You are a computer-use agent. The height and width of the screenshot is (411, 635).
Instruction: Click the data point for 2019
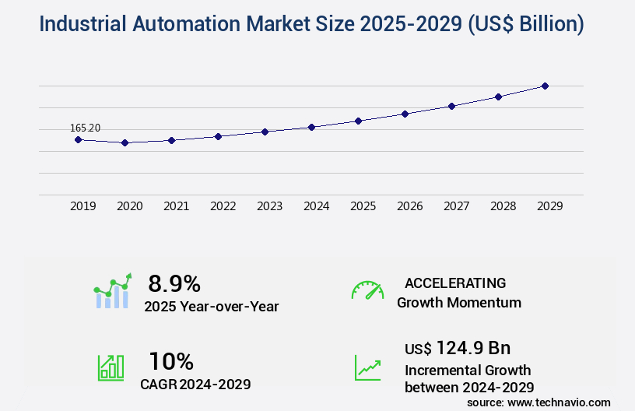78,139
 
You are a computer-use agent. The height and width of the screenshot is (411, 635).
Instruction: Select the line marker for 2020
125,143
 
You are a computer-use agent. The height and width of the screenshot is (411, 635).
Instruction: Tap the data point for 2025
358,121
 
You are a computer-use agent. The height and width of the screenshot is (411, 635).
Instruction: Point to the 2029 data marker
545,86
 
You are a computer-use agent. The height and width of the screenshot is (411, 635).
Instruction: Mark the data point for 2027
451,106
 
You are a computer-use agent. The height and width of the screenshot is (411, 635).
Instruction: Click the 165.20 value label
86,128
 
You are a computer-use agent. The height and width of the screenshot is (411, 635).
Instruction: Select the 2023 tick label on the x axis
270,206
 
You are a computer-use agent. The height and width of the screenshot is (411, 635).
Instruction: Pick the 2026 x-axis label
410,206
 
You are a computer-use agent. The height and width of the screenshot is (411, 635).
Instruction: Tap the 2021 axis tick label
177,206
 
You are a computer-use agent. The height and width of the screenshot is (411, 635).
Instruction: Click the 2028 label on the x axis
503,206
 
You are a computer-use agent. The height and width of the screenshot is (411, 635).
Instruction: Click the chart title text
311,24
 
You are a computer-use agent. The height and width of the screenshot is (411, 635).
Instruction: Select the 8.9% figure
174,283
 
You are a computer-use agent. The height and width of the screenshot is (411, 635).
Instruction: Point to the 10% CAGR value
171,361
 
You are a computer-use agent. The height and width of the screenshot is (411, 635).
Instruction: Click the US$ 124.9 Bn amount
458,347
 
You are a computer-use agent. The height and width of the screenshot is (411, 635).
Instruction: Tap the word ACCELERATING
455,283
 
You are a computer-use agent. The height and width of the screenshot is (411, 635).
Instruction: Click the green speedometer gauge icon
367,290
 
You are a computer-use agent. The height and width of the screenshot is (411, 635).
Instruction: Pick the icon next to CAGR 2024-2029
110,367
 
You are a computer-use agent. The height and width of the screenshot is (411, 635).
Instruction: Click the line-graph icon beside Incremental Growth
367,367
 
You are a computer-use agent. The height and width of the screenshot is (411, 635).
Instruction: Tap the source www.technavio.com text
539,402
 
